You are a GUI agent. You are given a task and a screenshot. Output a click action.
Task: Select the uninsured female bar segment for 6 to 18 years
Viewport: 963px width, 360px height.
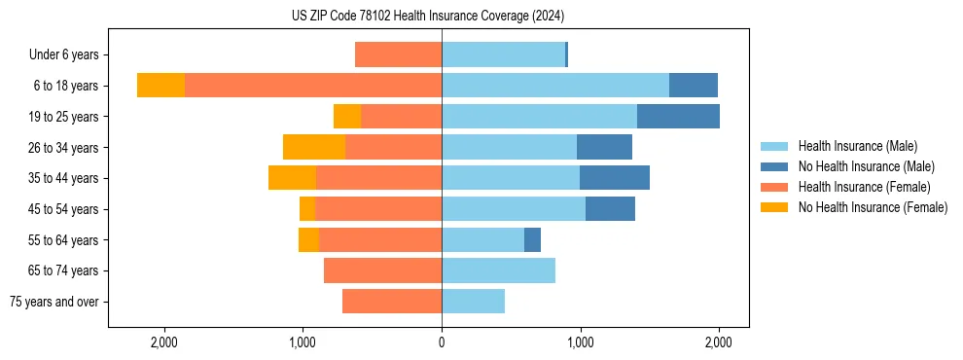(x=160, y=86)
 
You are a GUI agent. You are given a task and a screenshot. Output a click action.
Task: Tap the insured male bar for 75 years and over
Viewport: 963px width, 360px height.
(x=473, y=302)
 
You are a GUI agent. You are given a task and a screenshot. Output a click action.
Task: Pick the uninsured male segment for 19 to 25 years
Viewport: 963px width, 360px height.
(x=678, y=117)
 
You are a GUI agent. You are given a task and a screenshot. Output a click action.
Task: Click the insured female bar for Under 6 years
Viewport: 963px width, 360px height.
(x=398, y=54)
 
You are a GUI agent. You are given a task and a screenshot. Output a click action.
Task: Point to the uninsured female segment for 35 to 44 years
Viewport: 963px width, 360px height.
(x=292, y=178)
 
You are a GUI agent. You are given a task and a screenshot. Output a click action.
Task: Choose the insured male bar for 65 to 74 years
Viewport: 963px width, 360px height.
(x=498, y=270)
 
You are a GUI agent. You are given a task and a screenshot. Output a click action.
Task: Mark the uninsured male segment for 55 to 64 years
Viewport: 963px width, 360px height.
(x=532, y=239)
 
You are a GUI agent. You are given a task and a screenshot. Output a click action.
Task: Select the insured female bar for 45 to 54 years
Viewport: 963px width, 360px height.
(x=378, y=209)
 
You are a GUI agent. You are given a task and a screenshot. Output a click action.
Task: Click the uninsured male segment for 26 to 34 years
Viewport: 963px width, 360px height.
(x=604, y=147)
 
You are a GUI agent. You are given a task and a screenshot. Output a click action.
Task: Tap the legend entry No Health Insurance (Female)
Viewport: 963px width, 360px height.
(x=873, y=207)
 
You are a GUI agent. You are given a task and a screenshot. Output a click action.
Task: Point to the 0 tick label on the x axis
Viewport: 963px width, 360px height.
(x=442, y=342)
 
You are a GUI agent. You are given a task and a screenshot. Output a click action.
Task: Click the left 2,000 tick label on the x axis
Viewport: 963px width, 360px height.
(x=163, y=342)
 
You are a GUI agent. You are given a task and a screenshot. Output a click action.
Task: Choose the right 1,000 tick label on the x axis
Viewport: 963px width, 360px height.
(x=581, y=342)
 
